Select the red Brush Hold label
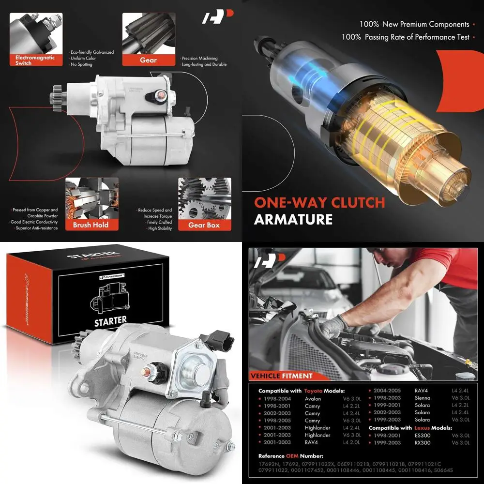[91, 225]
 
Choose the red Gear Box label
[204, 225]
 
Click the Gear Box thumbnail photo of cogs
[204, 198]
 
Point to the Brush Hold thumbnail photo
[91, 198]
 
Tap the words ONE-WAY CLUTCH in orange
[319, 202]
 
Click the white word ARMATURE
[293, 219]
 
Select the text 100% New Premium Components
[414, 24]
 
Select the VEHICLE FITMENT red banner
[281, 376]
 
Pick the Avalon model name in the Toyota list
[313, 399]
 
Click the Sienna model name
[422, 398]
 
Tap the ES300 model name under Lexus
[422, 435]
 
